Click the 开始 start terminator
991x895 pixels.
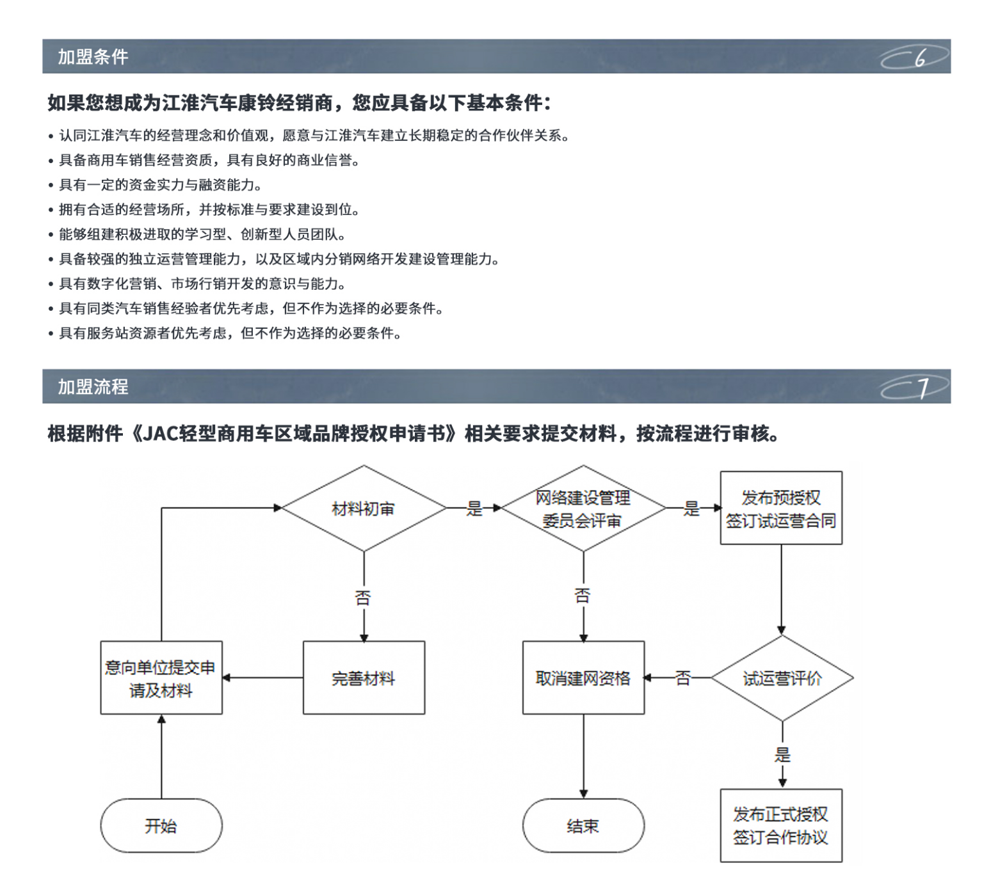pos(161,825)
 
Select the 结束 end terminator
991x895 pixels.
pos(583,825)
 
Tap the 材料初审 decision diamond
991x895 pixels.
pos(364,509)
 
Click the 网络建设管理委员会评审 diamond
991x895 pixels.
pos(583,509)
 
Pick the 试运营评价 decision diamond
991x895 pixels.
pos(782,678)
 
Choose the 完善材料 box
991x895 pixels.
pos(364,677)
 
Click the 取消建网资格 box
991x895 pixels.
pos(583,677)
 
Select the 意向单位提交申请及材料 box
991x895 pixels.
pos(161,678)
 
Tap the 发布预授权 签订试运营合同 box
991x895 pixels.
pos(780,509)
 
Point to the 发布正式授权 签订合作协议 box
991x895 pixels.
pos(780,825)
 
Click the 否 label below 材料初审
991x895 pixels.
pos(363,598)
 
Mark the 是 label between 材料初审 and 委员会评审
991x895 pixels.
pos(474,509)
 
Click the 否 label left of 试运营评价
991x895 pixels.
pos(682,677)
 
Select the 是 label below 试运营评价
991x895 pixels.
pos(782,754)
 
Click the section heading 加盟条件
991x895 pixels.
pos(93,57)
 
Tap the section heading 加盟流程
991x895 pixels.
pos(93,387)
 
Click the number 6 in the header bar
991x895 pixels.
pos(919,58)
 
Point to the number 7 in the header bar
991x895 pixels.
pos(923,388)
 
